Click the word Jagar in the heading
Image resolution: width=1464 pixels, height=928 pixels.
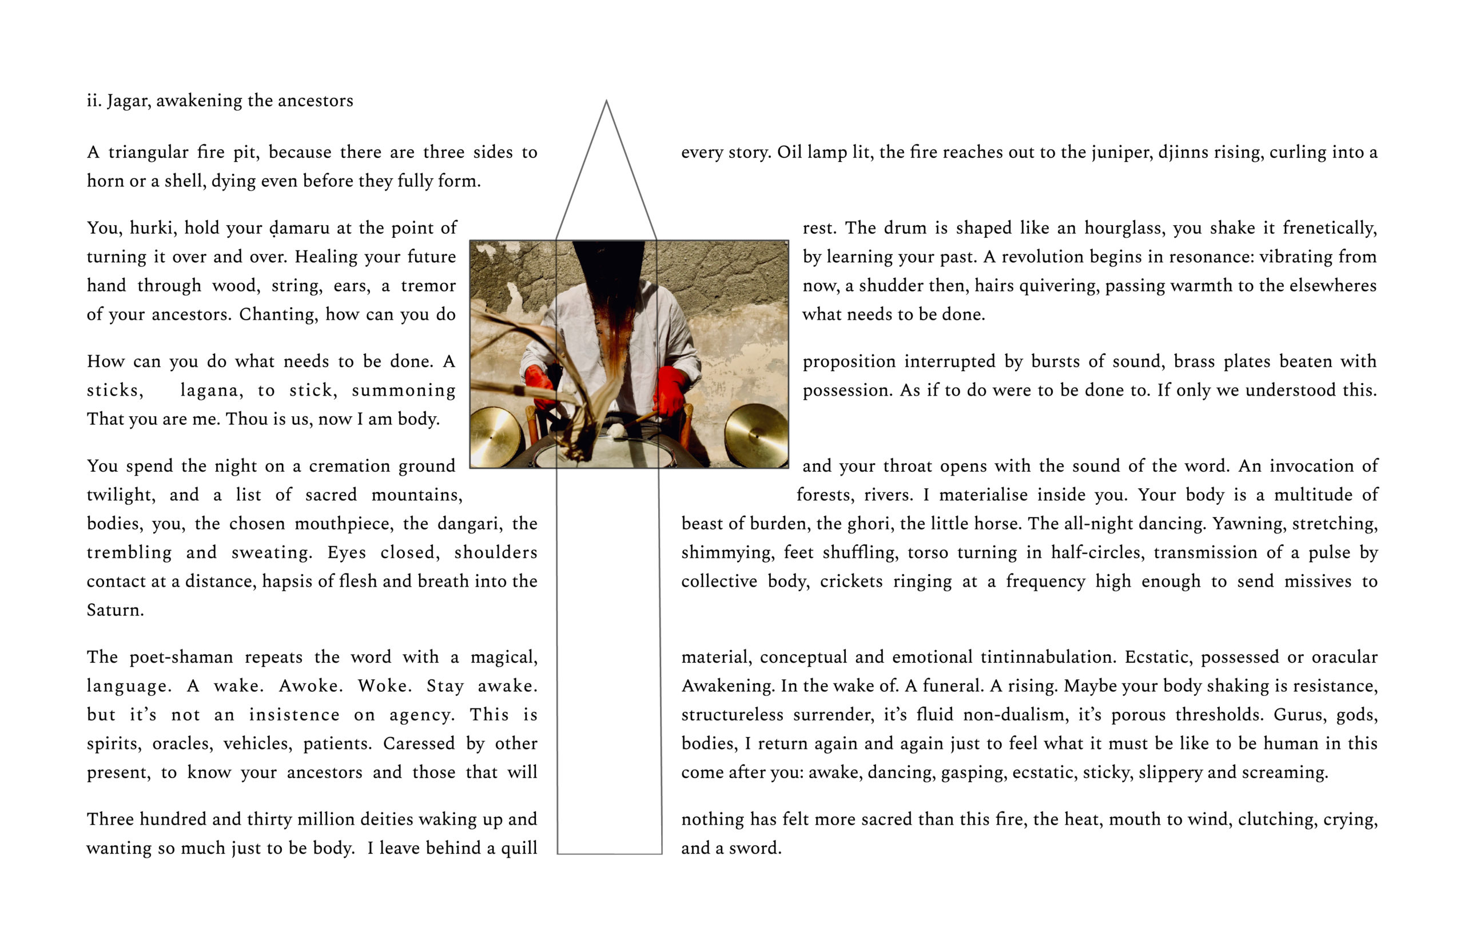(127, 101)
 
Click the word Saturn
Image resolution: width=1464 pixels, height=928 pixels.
(114, 610)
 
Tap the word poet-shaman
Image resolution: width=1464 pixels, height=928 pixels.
(181, 657)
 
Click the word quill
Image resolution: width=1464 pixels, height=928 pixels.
(519, 849)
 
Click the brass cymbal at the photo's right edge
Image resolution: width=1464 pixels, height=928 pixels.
(755, 434)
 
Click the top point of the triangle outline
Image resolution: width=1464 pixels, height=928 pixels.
(606, 101)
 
